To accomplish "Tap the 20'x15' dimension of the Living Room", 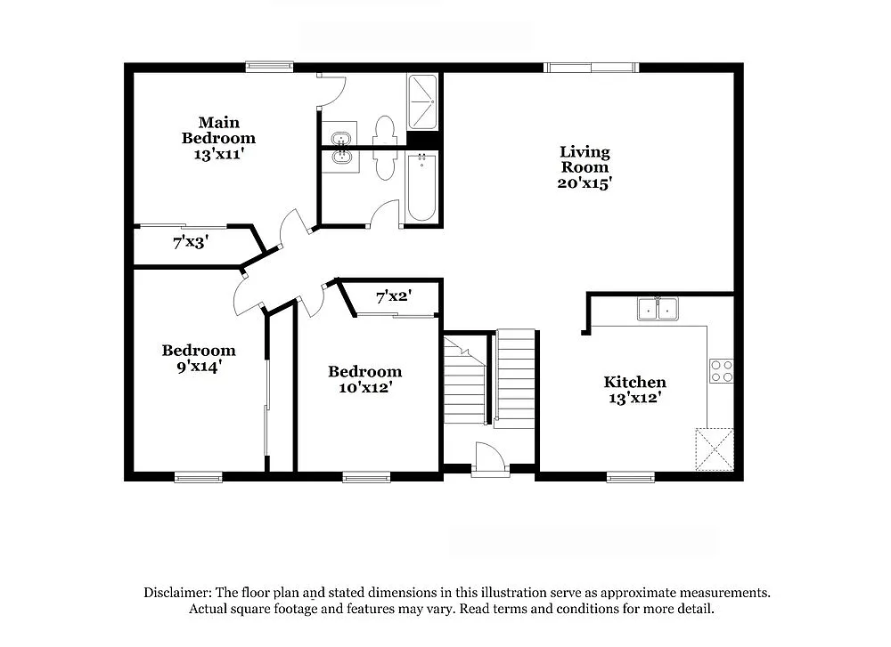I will (584, 183).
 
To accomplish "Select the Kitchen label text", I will (634, 382).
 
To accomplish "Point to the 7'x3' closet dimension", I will (191, 241).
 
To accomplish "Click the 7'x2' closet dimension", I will (393, 296).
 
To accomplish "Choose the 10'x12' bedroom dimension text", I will (364, 387).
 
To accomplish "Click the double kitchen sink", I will (658, 309).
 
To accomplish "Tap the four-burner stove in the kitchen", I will (721, 371).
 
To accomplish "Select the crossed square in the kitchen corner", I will (715, 449).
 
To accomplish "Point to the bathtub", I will (421, 186).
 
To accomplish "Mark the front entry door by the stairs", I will (490, 461).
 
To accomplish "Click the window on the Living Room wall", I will (592, 67).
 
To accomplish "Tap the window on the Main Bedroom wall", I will (270, 66).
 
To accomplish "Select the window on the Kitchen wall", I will (630, 478).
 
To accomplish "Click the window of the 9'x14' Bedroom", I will (198, 478).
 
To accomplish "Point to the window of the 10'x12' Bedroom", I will (366, 478).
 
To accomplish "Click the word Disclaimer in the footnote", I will (175, 593).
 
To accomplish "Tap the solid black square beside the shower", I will (423, 140).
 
